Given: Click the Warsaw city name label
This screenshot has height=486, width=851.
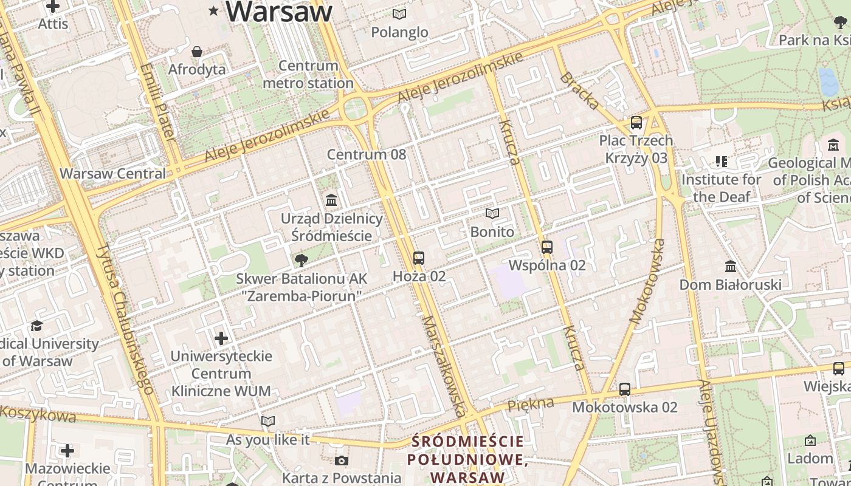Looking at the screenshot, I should pyautogui.click(x=280, y=12).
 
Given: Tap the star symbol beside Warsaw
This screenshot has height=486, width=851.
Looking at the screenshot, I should pyautogui.click(x=214, y=10).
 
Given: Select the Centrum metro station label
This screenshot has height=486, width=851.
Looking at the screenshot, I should pyautogui.click(x=308, y=74).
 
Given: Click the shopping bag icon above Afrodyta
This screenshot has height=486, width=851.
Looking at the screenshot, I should pyautogui.click(x=197, y=52).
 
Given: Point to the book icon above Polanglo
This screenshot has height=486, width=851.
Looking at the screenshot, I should pyautogui.click(x=399, y=14).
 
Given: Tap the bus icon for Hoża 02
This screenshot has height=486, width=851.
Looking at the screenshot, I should pyautogui.click(x=418, y=258).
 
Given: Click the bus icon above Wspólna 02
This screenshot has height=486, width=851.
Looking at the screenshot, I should pyautogui.click(x=546, y=247).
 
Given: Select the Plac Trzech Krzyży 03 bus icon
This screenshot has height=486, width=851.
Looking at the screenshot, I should pyautogui.click(x=636, y=123).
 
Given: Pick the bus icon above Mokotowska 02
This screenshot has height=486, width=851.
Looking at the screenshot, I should pyautogui.click(x=624, y=389).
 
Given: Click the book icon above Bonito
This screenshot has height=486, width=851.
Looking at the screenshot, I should pyautogui.click(x=492, y=214).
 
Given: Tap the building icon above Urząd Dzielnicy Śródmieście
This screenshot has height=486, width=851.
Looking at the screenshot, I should pyautogui.click(x=331, y=200).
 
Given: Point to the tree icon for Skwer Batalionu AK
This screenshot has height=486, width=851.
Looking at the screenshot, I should pyautogui.click(x=300, y=261).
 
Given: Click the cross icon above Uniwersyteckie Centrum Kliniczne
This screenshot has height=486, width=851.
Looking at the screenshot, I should pyautogui.click(x=221, y=338).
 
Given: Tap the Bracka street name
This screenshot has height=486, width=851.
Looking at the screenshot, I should pyautogui.click(x=579, y=91).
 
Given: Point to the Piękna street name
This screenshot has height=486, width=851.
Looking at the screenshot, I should pyautogui.click(x=531, y=404).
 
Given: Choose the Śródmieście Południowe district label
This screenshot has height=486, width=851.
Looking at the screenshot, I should pyautogui.click(x=467, y=459).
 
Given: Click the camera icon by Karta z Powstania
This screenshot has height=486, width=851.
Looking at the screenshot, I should pyautogui.click(x=342, y=461).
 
